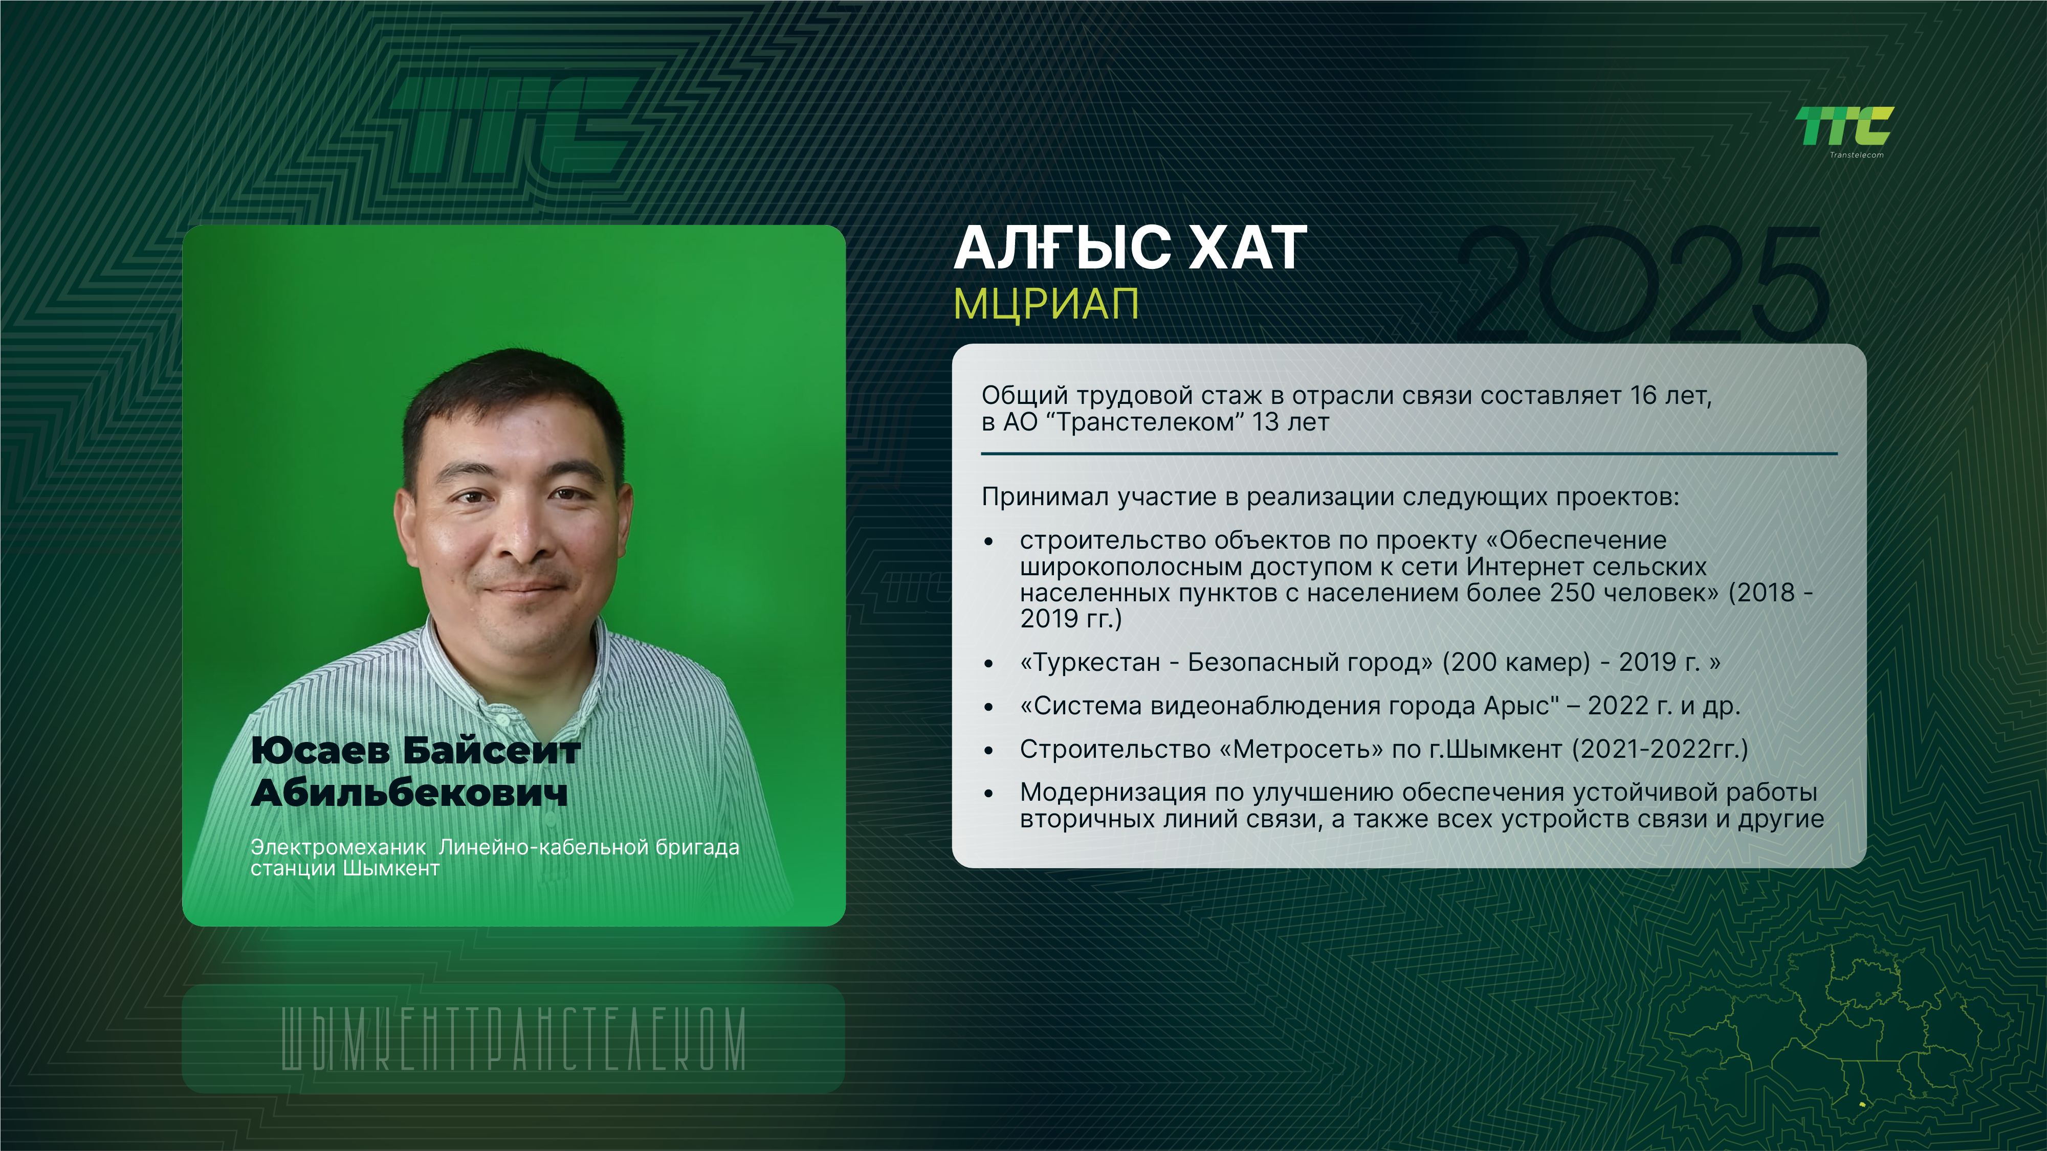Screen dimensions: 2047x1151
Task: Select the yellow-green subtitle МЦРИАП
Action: [x=1046, y=303]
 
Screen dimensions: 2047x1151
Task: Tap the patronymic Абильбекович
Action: [x=409, y=792]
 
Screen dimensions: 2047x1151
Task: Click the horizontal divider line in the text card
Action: [x=1409, y=454]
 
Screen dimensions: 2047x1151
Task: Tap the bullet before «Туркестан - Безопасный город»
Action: [x=988, y=663]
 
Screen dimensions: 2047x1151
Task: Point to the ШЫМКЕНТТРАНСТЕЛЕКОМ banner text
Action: [x=513, y=1039]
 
